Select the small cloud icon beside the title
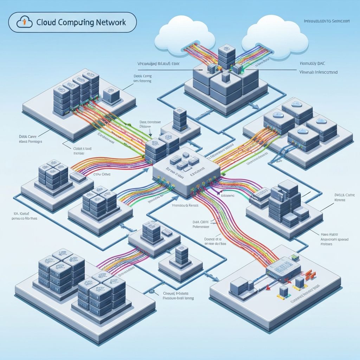(x=24, y=22)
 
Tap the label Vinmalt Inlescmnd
(x=317, y=72)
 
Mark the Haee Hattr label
(x=329, y=233)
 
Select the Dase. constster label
(x=148, y=122)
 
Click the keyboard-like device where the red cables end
(x=283, y=270)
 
